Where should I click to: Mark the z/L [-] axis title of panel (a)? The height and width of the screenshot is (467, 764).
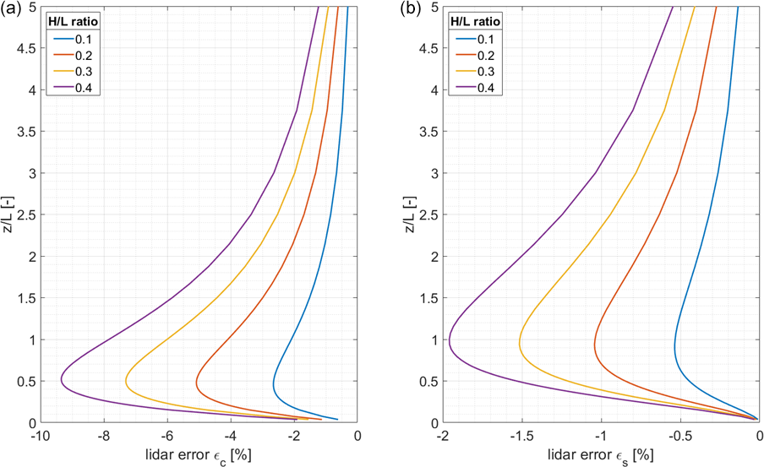click(8, 214)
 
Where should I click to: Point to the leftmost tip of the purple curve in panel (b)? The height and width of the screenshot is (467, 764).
click(449, 341)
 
